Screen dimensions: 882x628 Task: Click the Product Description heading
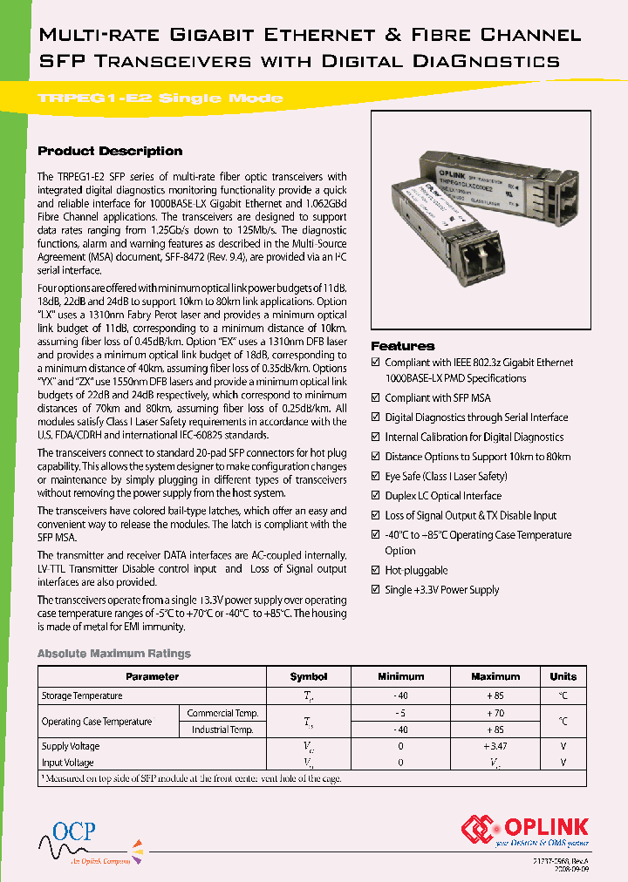[110, 151]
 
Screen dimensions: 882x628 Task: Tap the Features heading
[402, 346]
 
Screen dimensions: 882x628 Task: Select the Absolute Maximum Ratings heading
[113, 654]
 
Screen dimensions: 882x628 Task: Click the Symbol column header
[309, 676]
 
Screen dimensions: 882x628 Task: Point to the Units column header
[563, 676]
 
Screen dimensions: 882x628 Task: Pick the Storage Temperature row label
[82, 695]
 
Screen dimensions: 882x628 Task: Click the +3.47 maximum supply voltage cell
[495, 746]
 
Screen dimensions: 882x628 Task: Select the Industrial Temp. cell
[222, 729]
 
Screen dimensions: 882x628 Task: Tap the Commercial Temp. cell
[222, 713]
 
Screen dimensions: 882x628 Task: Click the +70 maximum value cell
[495, 713]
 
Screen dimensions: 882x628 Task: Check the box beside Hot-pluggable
[376, 571]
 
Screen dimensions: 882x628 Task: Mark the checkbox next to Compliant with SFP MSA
[376, 398]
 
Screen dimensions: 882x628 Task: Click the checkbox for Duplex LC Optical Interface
[376, 496]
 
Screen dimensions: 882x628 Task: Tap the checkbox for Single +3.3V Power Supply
[376, 590]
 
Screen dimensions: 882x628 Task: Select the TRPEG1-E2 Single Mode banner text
[160, 98]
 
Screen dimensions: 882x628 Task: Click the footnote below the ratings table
[191, 778]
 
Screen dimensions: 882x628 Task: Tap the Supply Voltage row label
[71, 746]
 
